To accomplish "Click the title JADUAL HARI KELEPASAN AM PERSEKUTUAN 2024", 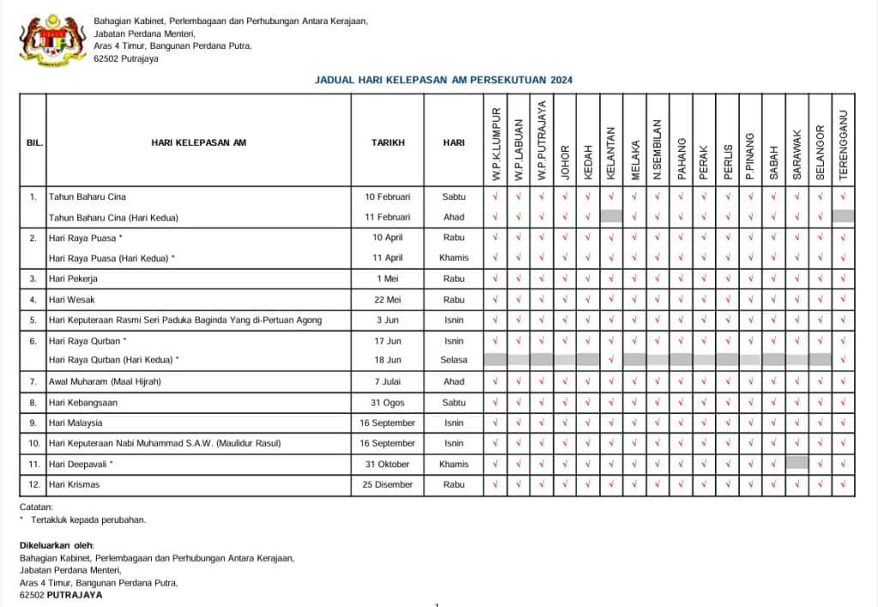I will click(444, 80).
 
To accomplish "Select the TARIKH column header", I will click(388, 142).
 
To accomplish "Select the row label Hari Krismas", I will click(74, 484).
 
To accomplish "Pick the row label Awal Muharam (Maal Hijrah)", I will click(105, 382).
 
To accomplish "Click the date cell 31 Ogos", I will click(388, 402).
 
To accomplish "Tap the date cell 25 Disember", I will click(388, 484).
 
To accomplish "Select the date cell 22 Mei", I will click(388, 299).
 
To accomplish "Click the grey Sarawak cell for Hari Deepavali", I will click(797, 463).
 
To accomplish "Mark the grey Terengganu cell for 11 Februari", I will click(843, 217).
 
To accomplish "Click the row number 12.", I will click(33, 484).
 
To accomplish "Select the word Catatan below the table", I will click(37, 507).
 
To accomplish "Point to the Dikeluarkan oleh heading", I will click(57, 545).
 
